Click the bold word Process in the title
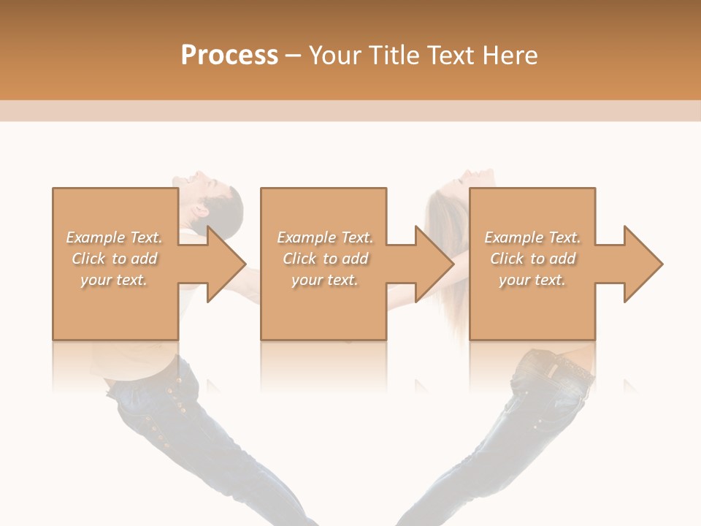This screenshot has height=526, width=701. [229, 55]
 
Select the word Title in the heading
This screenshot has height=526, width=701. [392, 55]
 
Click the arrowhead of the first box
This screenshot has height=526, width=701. [226, 264]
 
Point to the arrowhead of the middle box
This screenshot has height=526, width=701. [434, 264]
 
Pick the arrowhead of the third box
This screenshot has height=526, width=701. [643, 264]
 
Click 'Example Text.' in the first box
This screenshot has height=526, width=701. [114, 237]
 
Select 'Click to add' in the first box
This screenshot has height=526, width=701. [114, 259]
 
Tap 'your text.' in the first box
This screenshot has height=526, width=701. [114, 280]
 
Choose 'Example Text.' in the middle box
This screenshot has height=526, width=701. [325, 237]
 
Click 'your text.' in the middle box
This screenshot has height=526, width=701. [325, 280]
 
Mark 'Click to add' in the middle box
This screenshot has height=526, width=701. [325, 259]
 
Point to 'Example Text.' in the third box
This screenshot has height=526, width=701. [532, 237]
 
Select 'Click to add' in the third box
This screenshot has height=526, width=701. [532, 259]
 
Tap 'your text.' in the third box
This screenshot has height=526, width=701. [532, 280]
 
